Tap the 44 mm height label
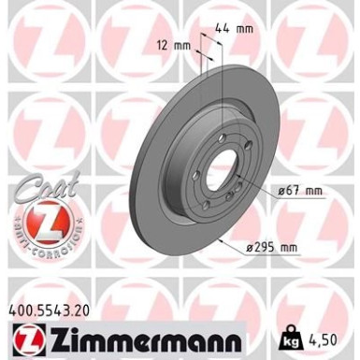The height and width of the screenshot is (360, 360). (241, 29)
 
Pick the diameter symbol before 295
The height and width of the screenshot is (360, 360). (253, 248)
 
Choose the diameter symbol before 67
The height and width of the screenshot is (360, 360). (281, 190)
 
